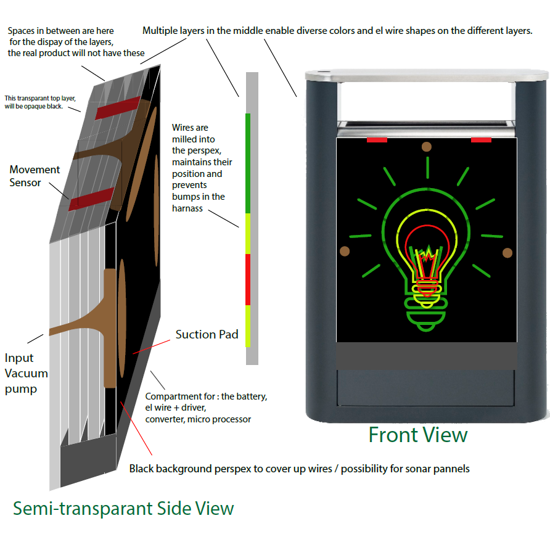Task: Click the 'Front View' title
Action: pos(418,435)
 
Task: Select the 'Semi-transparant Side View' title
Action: pos(123,508)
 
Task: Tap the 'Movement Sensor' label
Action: pos(35,176)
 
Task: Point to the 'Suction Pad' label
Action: pos(207,335)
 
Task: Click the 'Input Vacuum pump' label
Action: pos(26,373)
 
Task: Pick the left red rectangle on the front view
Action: pos(377,140)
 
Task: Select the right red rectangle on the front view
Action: pos(481,140)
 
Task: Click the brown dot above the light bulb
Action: pos(426,147)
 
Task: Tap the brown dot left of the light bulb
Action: pos(344,251)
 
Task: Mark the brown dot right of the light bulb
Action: pos(507,252)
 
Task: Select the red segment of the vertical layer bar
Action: pos(248,279)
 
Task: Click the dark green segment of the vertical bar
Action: pos(248,163)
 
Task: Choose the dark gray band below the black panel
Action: pos(426,356)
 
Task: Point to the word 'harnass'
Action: pos(188,208)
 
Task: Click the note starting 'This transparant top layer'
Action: pos(42,102)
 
